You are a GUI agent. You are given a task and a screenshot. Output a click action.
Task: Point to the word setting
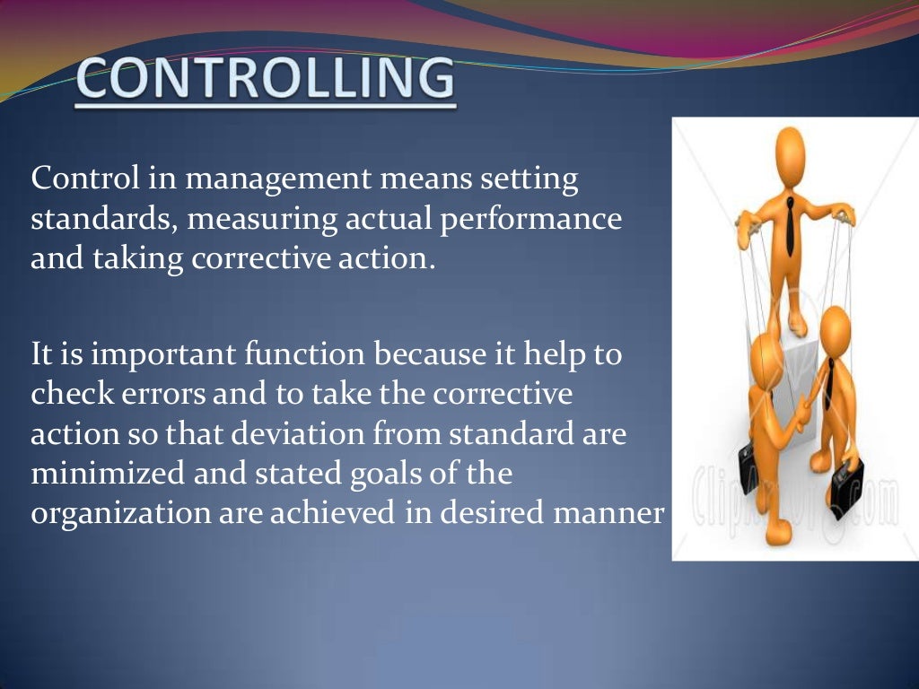pyautogui.click(x=530, y=179)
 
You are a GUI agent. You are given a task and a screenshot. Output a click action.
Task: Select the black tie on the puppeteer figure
pyautogui.click(x=791, y=225)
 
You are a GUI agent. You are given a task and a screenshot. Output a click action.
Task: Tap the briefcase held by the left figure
pyautogui.click(x=748, y=461)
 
